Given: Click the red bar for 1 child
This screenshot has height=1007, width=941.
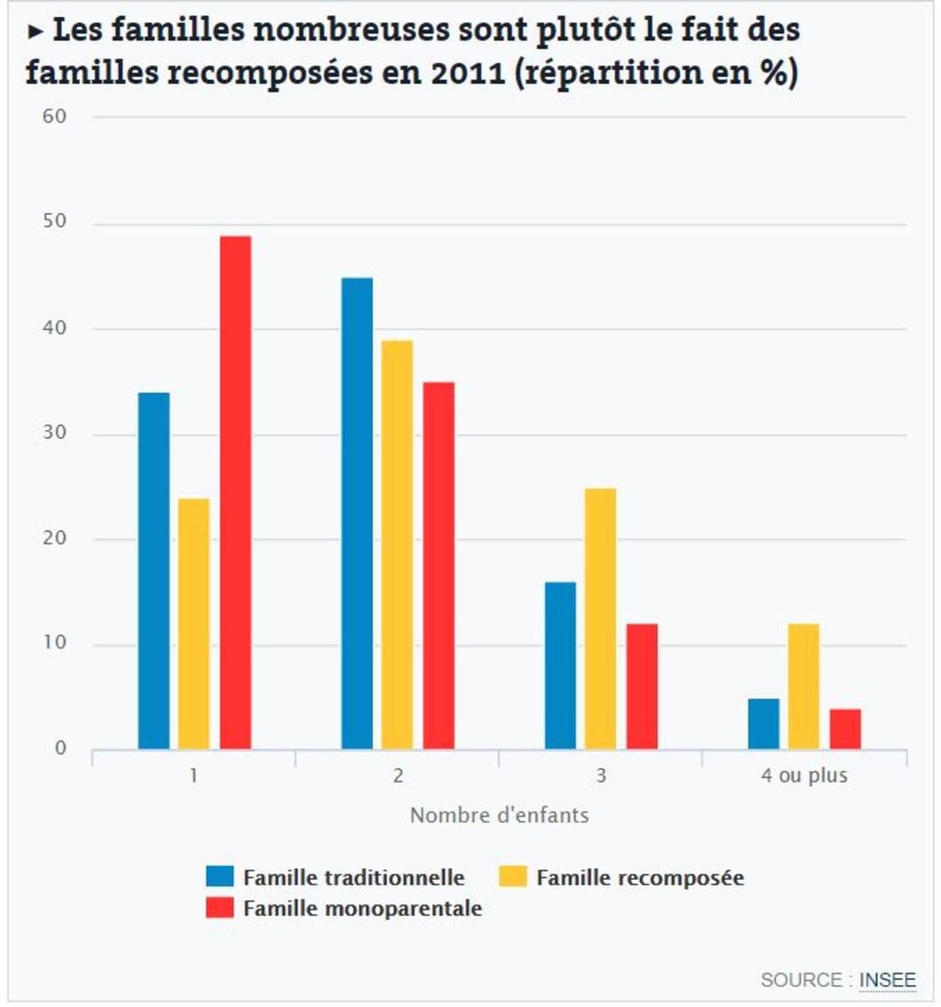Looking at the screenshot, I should [x=235, y=492].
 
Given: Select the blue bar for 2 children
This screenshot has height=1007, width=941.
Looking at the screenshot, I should [x=357, y=513].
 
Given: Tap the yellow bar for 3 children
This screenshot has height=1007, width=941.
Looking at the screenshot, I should [x=600, y=618].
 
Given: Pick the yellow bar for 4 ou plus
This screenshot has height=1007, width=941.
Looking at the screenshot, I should [x=804, y=686].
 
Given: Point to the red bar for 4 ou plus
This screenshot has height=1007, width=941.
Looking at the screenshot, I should [x=845, y=729].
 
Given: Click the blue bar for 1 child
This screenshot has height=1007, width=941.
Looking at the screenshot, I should [x=154, y=571].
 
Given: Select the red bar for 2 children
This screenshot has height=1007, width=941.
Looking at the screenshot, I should [x=439, y=565].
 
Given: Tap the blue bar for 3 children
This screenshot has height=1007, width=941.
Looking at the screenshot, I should [x=560, y=665].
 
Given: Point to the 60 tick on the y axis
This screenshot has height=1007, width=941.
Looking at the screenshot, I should [x=55, y=116].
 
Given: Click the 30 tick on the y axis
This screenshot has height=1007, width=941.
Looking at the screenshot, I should [x=55, y=433].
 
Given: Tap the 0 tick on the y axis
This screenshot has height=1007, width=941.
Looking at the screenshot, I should [x=60, y=748].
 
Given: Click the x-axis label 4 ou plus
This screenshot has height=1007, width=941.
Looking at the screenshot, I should [x=804, y=775].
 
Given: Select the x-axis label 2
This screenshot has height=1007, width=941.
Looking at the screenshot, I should [x=398, y=775].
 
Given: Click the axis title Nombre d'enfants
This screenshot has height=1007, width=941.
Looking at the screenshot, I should [x=500, y=816].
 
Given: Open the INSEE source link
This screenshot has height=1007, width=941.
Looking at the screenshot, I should [x=887, y=980].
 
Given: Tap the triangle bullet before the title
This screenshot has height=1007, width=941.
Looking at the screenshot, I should [x=35, y=32].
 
